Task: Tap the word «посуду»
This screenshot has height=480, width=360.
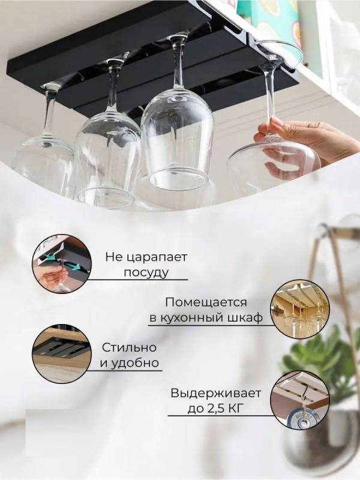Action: pos(146,272)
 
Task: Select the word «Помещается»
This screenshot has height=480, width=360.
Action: pos(206,302)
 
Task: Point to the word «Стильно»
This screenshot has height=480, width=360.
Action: pos(129,348)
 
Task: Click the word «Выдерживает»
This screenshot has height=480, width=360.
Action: pos(216,393)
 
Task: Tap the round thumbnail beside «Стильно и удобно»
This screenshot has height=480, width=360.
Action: pos(62,355)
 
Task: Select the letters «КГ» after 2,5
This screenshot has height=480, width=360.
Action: pos(235,409)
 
